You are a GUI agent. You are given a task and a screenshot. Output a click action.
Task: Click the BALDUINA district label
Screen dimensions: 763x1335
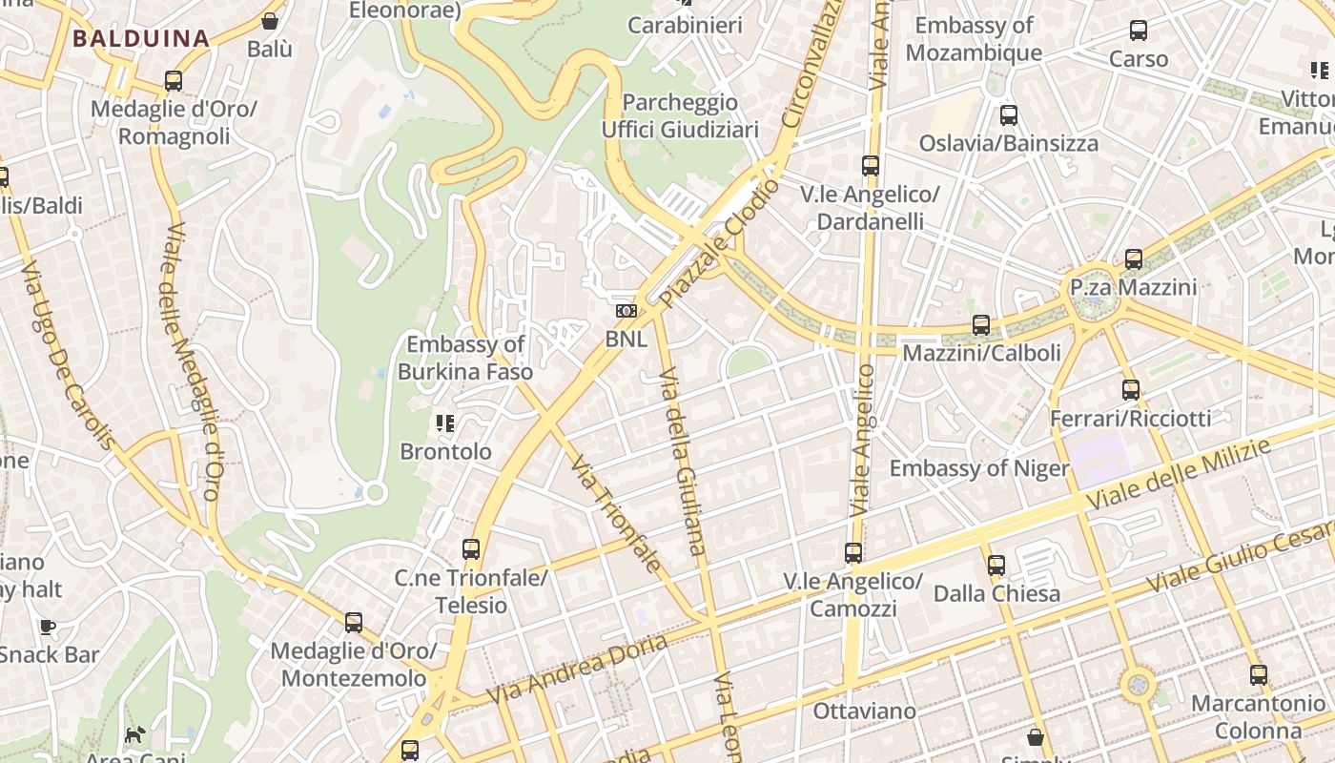(x=141, y=39)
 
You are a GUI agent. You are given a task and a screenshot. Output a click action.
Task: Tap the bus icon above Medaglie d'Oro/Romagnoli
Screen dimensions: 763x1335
(x=174, y=81)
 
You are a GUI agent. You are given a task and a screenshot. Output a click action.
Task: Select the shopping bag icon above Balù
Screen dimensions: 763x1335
(x=270, y=20)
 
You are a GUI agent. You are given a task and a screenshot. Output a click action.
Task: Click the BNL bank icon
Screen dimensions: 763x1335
(x=626, y=311)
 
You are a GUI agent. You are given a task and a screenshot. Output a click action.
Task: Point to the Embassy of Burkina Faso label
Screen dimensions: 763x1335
(x=465, y=358)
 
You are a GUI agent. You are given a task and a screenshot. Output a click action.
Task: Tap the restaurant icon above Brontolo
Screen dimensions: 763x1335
(x=445, y=423)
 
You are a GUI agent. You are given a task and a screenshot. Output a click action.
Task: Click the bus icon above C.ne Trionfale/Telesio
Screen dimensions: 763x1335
(x=471, y=549)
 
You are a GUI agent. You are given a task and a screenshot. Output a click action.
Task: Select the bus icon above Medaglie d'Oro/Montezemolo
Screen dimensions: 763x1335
(x=354, y=623)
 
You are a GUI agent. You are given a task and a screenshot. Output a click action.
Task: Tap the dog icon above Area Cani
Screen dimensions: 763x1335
(x=135, y=734)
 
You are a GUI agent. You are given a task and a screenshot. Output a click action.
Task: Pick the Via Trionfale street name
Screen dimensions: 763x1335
(x=615, y=513)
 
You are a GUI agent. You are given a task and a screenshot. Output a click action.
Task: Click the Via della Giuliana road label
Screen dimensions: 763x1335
(x=683, y=461)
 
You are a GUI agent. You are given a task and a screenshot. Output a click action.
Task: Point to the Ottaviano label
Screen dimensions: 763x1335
(x=864, y=711)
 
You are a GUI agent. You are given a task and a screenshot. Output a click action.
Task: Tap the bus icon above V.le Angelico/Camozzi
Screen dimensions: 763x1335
(x=853, y=553)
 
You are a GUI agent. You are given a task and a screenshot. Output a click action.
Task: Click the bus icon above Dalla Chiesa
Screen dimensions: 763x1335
(x=996, y=566)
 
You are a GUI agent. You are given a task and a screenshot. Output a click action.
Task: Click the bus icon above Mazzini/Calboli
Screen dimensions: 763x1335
(x=981, y=325)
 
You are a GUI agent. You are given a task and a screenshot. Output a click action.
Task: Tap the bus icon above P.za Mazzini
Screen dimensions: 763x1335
(x=1133, y=259)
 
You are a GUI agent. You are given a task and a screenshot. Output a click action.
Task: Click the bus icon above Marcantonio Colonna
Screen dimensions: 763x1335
(x=1259, y=675)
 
